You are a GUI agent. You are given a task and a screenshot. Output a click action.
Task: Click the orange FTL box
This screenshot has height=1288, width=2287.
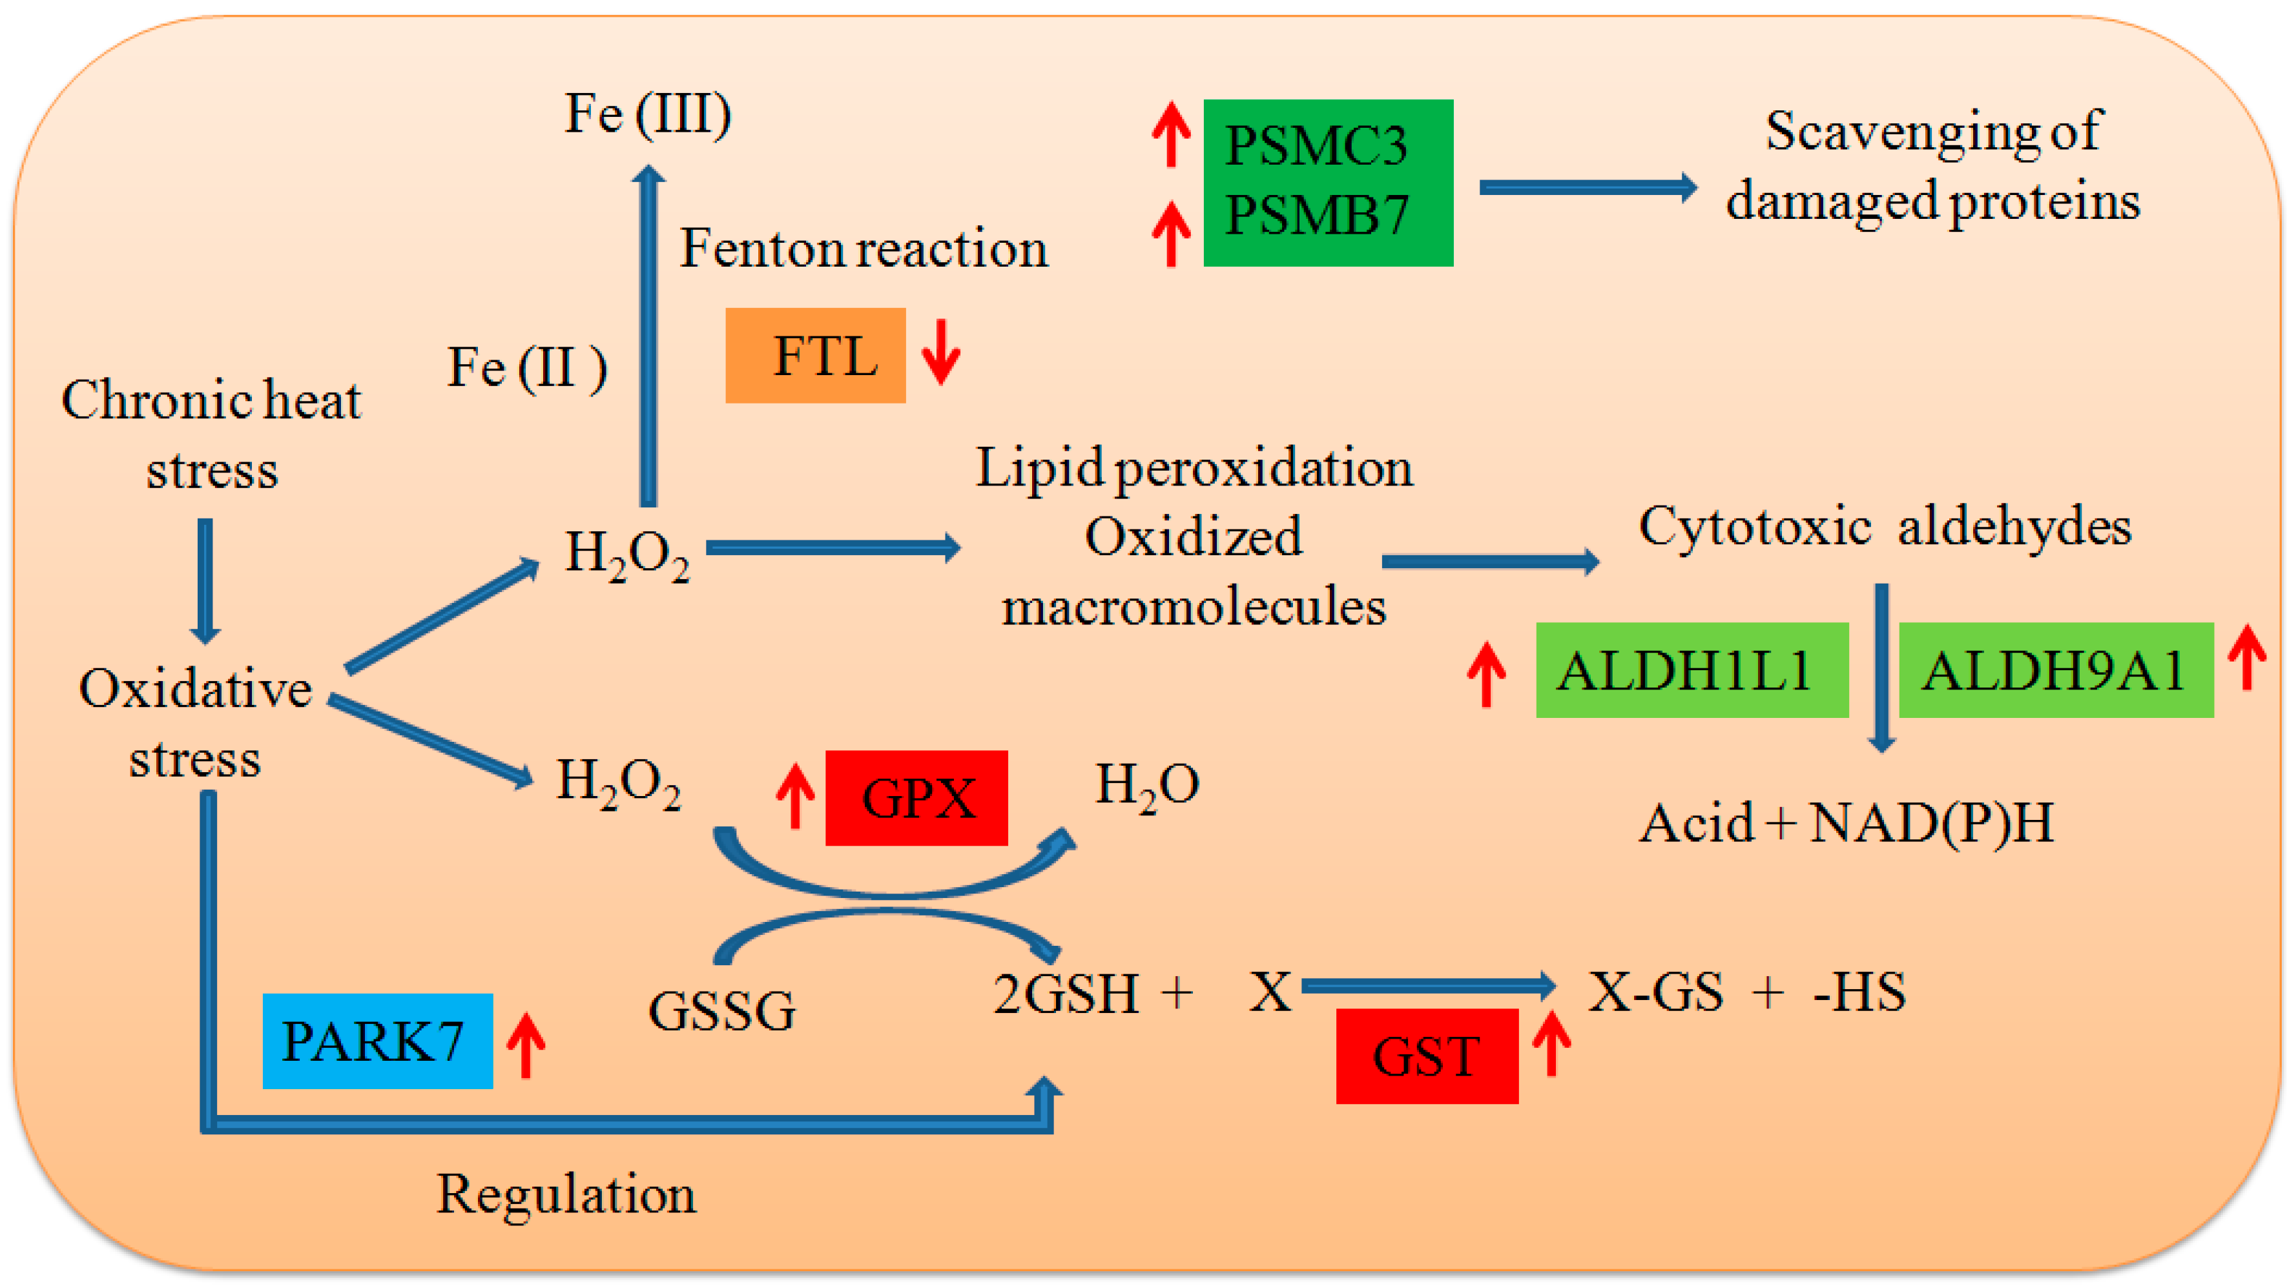coord(815,355)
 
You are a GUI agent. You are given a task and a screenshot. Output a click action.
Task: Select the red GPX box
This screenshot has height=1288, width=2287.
coord(916,797)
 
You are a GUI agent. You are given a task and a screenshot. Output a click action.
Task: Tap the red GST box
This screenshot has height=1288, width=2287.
coord(1427,1056)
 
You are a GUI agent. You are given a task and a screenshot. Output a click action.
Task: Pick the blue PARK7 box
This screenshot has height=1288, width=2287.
coord(377,1040)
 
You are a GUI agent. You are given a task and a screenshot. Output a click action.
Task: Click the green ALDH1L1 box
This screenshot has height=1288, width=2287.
coord(1692,670)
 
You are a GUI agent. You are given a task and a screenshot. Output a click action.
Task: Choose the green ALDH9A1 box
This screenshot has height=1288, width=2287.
coord(2055,670)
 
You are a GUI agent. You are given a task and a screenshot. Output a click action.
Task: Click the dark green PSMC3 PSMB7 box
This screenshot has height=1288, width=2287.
coord(1328,183)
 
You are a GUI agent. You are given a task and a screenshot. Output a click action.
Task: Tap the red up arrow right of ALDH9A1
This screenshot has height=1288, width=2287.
coord(2247,657)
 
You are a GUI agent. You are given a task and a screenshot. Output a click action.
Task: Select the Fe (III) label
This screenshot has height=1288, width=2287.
coord(648,114)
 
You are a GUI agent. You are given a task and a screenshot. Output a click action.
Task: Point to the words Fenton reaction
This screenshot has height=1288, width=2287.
coord(864,248)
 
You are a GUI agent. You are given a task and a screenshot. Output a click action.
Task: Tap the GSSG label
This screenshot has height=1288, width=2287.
coord(722,1010)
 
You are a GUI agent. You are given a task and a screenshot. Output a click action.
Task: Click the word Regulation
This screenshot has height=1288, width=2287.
coord(566,1194)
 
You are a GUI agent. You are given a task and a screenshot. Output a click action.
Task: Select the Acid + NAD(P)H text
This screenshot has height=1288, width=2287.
coord(1846,823)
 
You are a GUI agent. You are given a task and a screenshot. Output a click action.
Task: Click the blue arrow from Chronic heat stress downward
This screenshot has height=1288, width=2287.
coord(205,582)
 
